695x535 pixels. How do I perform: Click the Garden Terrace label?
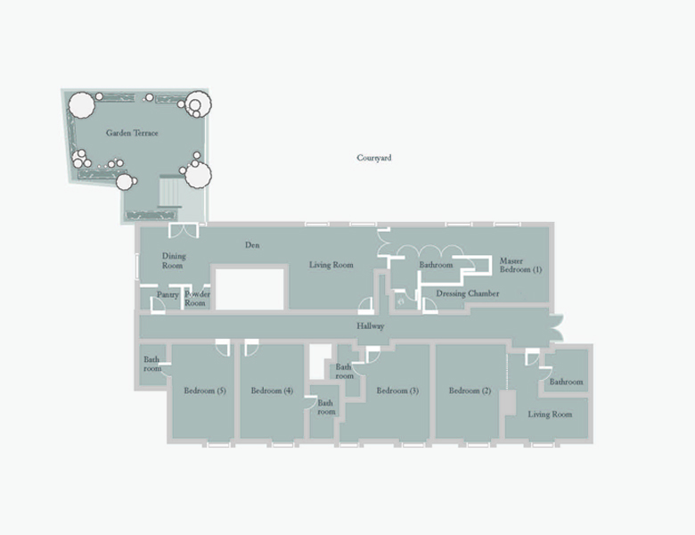click(132, 133)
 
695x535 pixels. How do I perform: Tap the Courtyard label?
click(374, 158)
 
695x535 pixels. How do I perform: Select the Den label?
click(252, 245)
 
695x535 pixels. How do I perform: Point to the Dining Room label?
click(174, 261)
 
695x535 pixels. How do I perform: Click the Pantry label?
click(168, 294)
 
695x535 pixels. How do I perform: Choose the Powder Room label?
click(197, 299)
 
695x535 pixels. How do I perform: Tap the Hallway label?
click(371, 326)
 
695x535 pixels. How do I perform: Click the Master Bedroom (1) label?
click(520, 266)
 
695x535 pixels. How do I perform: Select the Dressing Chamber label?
click(468, 293)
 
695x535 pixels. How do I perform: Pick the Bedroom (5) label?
click(205, 391)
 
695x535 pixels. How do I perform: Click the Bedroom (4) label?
click(272, 391)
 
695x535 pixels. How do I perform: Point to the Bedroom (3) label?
click(397, 391)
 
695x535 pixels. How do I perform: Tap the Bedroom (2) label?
click(470, 391)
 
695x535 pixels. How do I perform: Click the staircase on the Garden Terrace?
click(170, 191)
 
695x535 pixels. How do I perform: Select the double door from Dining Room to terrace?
click(184, 231)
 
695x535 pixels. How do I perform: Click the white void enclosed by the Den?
click(249, 289)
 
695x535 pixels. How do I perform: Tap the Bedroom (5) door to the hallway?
click(223, 348)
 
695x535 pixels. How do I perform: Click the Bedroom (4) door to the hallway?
click(251, 348)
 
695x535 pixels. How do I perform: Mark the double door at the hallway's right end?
click(556, 328)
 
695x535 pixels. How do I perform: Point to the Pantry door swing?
click(158, 305)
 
